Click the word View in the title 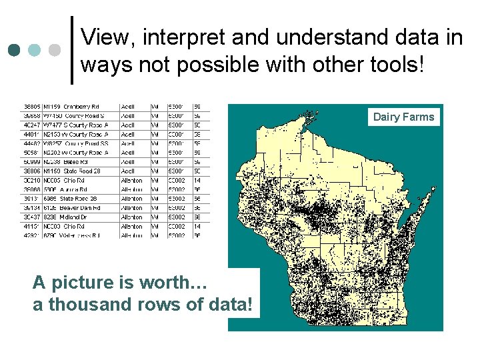pos(107,37)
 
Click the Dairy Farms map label pos(403,117)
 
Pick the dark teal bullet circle pos(14,50)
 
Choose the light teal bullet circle pos(34,50)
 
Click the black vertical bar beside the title pos(71,50)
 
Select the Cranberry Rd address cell pos(72,107)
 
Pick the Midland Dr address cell pos(67,217)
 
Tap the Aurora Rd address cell pos(67,190)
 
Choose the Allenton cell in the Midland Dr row pos(131,217)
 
